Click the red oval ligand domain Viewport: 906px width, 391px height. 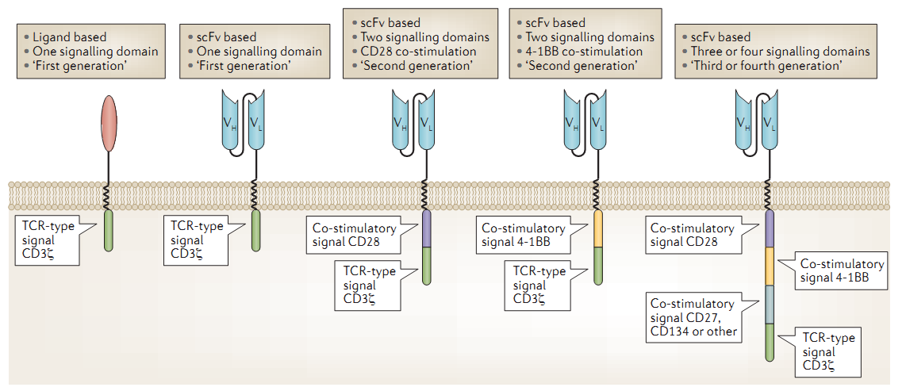[x=109, y=124]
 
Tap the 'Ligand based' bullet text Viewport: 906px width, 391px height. [x=70, y=37]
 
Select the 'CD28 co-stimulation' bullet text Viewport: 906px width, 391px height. [x=422, y=52]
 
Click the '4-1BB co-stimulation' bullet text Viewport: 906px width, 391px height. [x=587, y=52]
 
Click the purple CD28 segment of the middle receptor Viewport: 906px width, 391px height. [x=427, y=228]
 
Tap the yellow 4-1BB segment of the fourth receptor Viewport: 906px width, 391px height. [x=598, y=228]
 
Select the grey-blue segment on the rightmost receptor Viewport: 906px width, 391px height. [x=770, y=305]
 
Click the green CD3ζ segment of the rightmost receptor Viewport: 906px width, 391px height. [x=770, y=343]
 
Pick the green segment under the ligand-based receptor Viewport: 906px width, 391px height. [x=109, y=230]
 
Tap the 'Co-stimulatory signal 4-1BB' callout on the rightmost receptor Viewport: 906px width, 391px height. [x=835, y=271]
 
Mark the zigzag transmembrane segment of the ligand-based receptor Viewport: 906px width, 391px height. [x=109, y=196]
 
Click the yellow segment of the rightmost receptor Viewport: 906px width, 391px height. [x=770, y=266]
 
